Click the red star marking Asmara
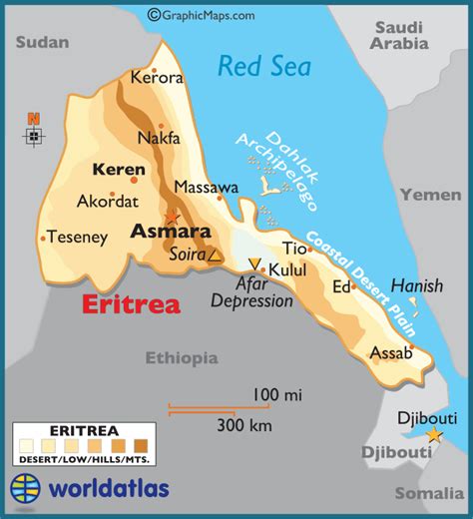pyautogui.click(x=173, y=217)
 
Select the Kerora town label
pyautogui.click(x=156, y=77)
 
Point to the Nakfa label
pyautogui.click(x=160, y=138)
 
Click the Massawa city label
pyautogui.click(x=207, y=187)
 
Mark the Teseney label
pyautogui.click(x=79, y=238)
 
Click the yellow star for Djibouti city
pyautogui.click(x=434, y=435)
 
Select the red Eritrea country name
pyautogui.click(x=132, y=304)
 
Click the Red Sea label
pyautogui.click(x=264, y=67)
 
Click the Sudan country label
pyautogui.click(x=43, y=41)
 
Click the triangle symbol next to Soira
pyautogui.click(x=215, y=256)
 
